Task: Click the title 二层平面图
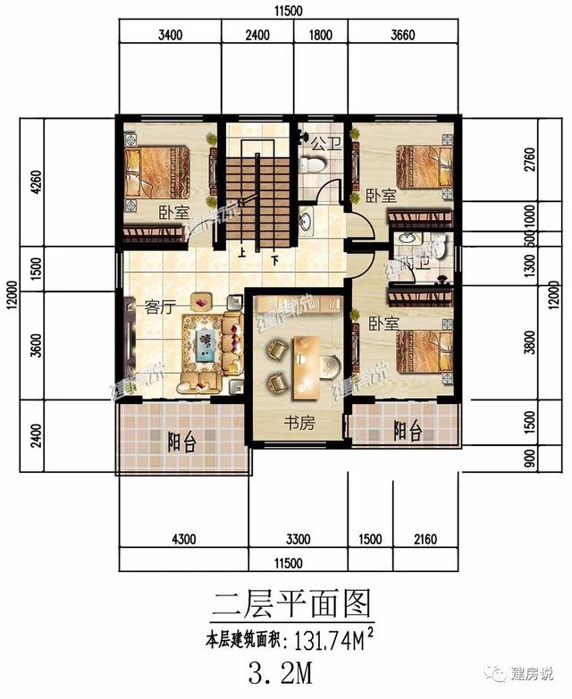tap(290, 602)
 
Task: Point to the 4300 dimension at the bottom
tap(183, 539)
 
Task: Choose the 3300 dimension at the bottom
tap(297, 539)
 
